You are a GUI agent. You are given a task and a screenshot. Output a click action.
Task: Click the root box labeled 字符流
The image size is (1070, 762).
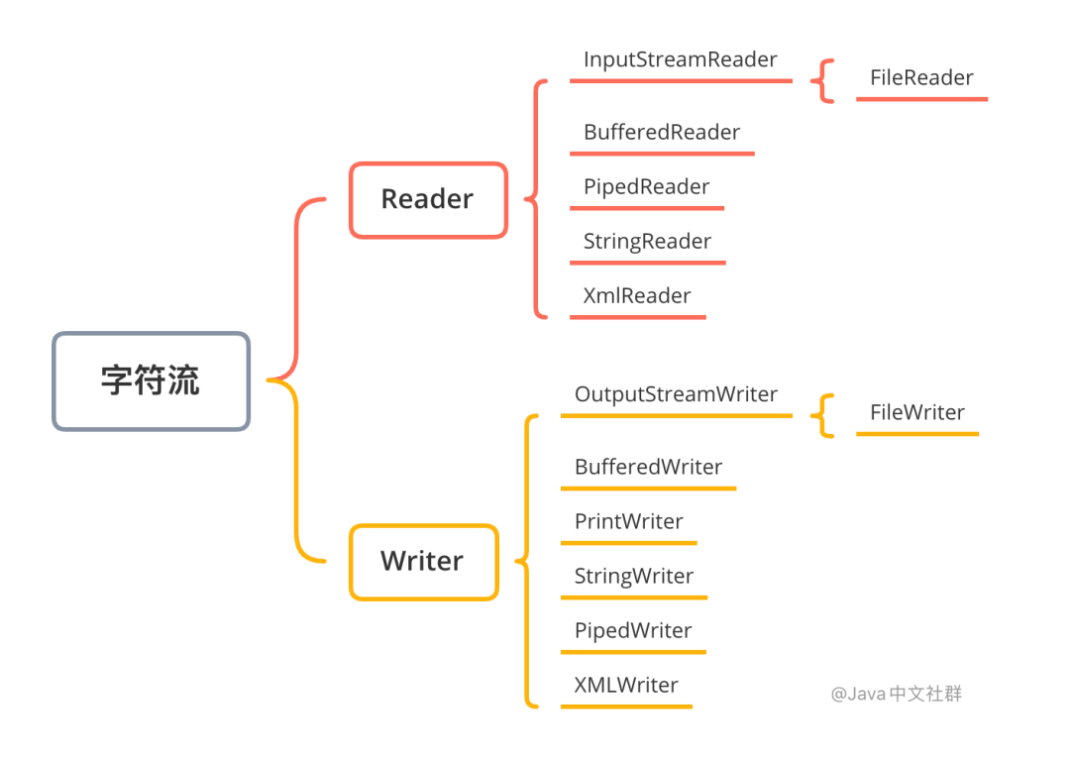click(151, 381)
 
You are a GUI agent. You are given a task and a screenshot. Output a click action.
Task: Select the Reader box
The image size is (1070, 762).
click(428, 199)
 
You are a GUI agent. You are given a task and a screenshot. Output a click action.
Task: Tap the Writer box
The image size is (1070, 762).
click(423, 562)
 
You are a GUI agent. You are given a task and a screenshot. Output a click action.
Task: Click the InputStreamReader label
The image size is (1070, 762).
click(681, 59)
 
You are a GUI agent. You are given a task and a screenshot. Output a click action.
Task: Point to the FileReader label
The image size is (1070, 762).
click(921, 78)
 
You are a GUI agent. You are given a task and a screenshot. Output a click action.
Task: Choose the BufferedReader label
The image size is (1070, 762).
click(662, 133)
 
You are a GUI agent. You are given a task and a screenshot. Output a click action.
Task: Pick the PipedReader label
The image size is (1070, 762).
click(647, 187)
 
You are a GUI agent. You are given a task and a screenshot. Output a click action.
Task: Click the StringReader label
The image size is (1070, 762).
click(648, 242)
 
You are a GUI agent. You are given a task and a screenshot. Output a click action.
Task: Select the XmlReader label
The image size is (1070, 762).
click(637, 296)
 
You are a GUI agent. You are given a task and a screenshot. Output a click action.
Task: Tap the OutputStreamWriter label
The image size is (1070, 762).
click(676, 394)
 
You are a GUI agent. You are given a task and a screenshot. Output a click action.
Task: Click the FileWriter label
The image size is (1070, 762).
click(917, 413)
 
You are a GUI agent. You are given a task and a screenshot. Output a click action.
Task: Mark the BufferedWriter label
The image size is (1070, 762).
click(649, 468)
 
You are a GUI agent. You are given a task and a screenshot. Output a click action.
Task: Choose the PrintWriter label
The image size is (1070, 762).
click(629, 522)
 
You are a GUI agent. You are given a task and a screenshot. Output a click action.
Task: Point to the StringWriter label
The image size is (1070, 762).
click(634, 577)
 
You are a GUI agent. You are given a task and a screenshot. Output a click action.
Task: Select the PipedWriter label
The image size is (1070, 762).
click(633, 631)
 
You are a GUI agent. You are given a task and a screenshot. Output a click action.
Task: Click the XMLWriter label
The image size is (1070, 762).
click(626, 686)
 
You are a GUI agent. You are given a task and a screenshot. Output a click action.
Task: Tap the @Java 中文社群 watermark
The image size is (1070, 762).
click(896, 694)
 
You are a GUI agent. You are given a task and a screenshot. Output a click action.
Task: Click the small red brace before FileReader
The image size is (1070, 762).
click(823, 80)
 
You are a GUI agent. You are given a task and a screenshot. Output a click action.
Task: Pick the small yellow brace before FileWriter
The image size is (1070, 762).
click(823, 415)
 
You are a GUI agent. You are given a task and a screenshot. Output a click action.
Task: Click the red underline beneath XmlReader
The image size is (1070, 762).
click(637, 317)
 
